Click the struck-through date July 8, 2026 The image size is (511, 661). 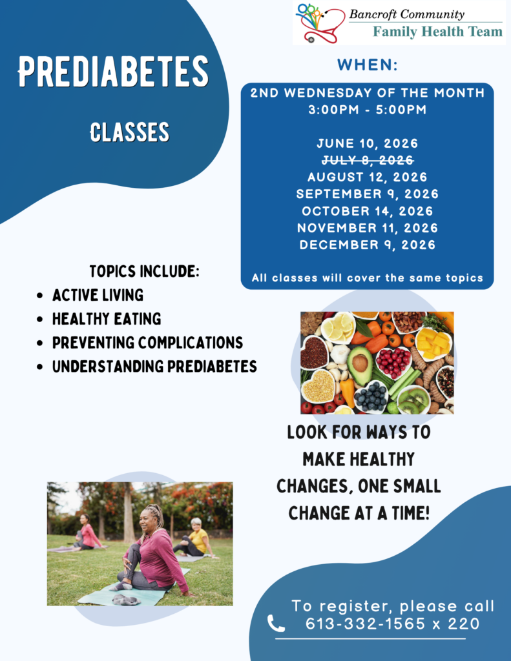point(368,160)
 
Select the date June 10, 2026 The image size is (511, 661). point(368,143)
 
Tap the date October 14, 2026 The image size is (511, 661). point(368,211)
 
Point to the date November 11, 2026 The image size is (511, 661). point(368,228)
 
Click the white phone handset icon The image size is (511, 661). point(276,624)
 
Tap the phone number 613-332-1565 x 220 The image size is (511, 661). point(392,624)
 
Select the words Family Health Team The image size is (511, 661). point(437,32)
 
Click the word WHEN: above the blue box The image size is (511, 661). point(368,65)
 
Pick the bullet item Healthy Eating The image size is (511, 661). point(107,319)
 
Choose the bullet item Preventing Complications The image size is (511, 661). point(148,343)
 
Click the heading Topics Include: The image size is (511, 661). point(144,271)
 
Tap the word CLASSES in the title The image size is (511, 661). point(130,132)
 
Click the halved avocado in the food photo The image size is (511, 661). point(360,365)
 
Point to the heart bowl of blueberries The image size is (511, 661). point(370,397)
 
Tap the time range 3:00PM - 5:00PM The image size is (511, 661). point(368,110)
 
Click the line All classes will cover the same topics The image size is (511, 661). point(368,278)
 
